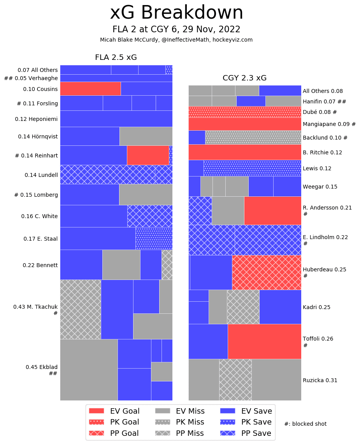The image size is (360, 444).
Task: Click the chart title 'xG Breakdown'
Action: (x=176, y=13)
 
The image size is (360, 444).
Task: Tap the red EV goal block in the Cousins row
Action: (x=90, y=89)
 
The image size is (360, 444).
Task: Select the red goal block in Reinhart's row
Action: (x=148, y=155)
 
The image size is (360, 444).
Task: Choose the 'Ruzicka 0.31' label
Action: (x=320, y=380)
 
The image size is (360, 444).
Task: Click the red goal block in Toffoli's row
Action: (x=264, y=341)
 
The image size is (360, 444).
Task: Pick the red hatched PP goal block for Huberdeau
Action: (x=267, y=273)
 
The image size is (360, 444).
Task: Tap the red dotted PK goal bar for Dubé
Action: (x=245, y=112)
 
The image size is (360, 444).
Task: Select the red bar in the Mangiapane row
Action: (x=245, y=124)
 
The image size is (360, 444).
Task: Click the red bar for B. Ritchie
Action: (x=245, y=152)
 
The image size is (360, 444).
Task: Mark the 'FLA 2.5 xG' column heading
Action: (x=116, y=58)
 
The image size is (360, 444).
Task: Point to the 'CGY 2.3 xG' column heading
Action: (x=244, y=78)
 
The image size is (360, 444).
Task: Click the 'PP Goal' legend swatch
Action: (x=97, y=433)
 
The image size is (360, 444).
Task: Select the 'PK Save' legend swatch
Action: (x=228, y=422)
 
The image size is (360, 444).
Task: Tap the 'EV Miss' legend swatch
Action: (x=162, y=411)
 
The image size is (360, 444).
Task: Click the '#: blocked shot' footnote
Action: (x=306, y=424)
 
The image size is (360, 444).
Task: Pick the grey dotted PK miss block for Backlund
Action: (x=253, y=137)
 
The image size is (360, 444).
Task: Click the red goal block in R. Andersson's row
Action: (x=272, y=210)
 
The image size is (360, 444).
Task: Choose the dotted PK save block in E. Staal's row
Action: (x=154, y=238)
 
